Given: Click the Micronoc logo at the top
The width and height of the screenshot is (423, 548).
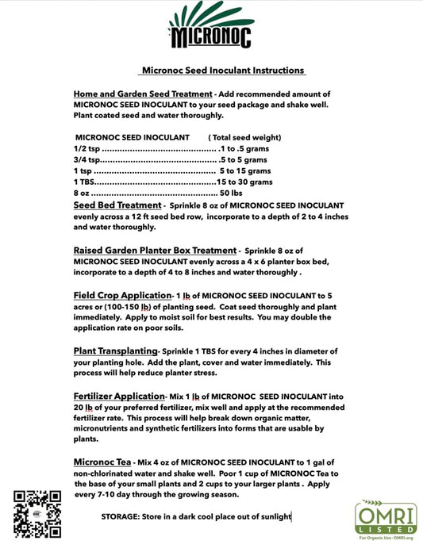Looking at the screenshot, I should coord(211,28).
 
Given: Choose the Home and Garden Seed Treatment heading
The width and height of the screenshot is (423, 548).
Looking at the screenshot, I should coord(142,94).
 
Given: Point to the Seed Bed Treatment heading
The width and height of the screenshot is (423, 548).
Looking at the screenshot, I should coord(117,205).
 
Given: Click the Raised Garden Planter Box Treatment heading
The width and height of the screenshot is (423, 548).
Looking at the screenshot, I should coord(154,250).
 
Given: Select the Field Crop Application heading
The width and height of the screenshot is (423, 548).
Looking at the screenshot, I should coord(122,295).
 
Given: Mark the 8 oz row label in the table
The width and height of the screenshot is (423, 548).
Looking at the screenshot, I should coord(82,193).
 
